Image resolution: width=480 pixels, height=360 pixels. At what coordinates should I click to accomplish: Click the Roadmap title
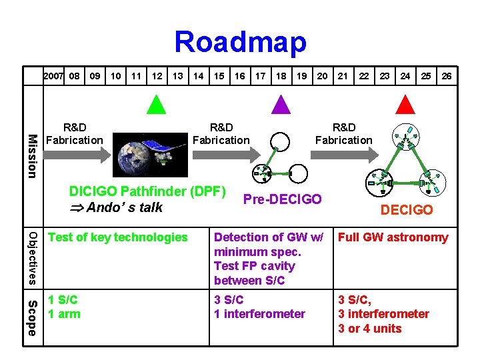[x=240, y=41]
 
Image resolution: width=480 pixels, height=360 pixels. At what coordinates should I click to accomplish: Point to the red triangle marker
[x=405, y=105]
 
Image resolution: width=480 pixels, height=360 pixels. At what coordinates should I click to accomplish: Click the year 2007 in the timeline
[x=53, y=76]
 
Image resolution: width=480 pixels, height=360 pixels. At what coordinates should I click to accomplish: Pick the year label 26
[x=447, y=76]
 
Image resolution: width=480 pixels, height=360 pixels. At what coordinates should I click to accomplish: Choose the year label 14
[x=198, y=76]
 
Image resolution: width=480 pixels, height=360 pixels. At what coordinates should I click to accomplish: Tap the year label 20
[x=322, y=76]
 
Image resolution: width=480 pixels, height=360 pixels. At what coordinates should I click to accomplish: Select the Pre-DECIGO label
[x=283, y=199]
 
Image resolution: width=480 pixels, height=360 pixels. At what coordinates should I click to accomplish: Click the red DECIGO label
[x=407, y=210]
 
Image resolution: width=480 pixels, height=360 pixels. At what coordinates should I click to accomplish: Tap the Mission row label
[x=31, y=156]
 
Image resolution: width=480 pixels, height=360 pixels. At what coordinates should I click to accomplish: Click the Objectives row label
[x=31, y=258]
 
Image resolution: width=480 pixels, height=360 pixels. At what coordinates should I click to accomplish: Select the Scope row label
[x=31, y=318]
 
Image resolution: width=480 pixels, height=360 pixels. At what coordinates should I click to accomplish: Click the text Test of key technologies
[x=118, y=237]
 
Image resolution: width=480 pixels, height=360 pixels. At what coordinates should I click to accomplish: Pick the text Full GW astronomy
[x=393, y=237]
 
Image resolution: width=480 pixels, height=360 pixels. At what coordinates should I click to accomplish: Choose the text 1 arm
[x=64, y=314]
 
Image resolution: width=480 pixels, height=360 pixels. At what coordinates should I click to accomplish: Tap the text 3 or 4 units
[x=370, y=328]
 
